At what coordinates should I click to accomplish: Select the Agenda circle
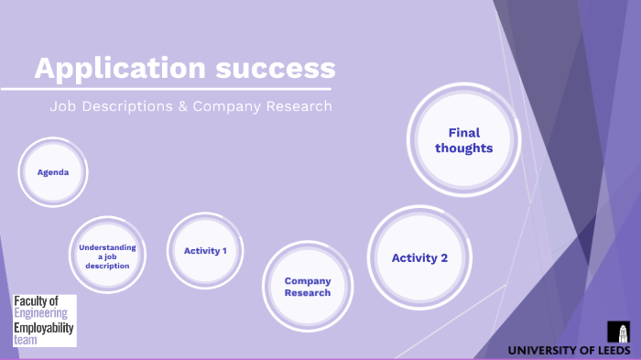click(53, 172)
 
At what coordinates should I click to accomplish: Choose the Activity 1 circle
click(205, 250)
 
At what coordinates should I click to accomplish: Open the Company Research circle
click(307, 287)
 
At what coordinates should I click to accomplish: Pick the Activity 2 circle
click(419, 257)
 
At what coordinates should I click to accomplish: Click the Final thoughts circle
click(463, 140)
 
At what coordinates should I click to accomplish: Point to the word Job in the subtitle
click(62, 107)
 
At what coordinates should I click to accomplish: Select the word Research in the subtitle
click(297, 107)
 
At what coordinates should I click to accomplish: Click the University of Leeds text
click(569, 350)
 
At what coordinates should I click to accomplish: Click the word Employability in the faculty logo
click(44, 327)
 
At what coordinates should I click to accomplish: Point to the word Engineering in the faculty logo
click(41, 313)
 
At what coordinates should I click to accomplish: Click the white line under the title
click(165, 89)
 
